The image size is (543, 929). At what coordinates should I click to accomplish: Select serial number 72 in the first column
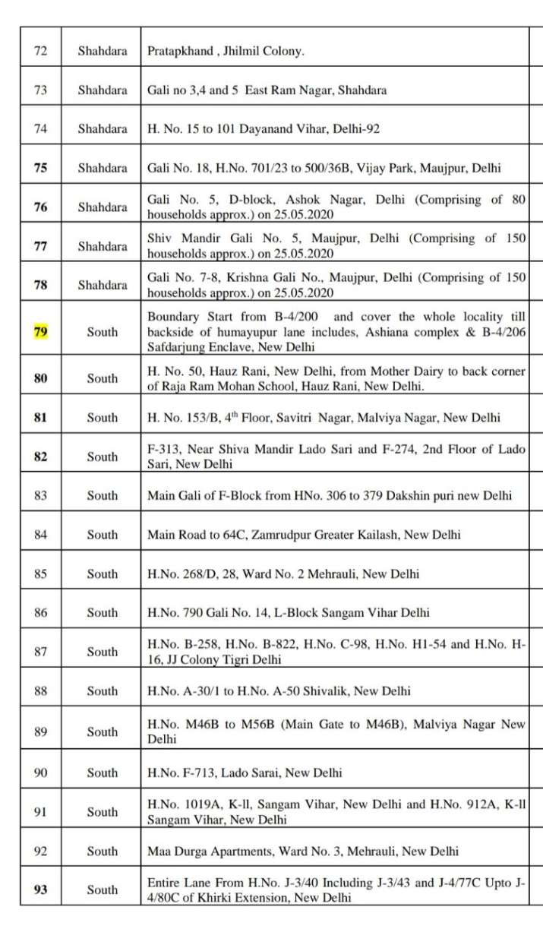[x=40, y=51]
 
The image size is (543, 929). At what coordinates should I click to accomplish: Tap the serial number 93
[x=40, y=890]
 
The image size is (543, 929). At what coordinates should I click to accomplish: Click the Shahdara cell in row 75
[x=103, y=168]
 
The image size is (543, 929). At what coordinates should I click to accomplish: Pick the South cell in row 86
[x=103, y=612]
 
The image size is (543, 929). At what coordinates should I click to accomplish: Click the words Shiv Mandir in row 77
[x=178, y=239]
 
